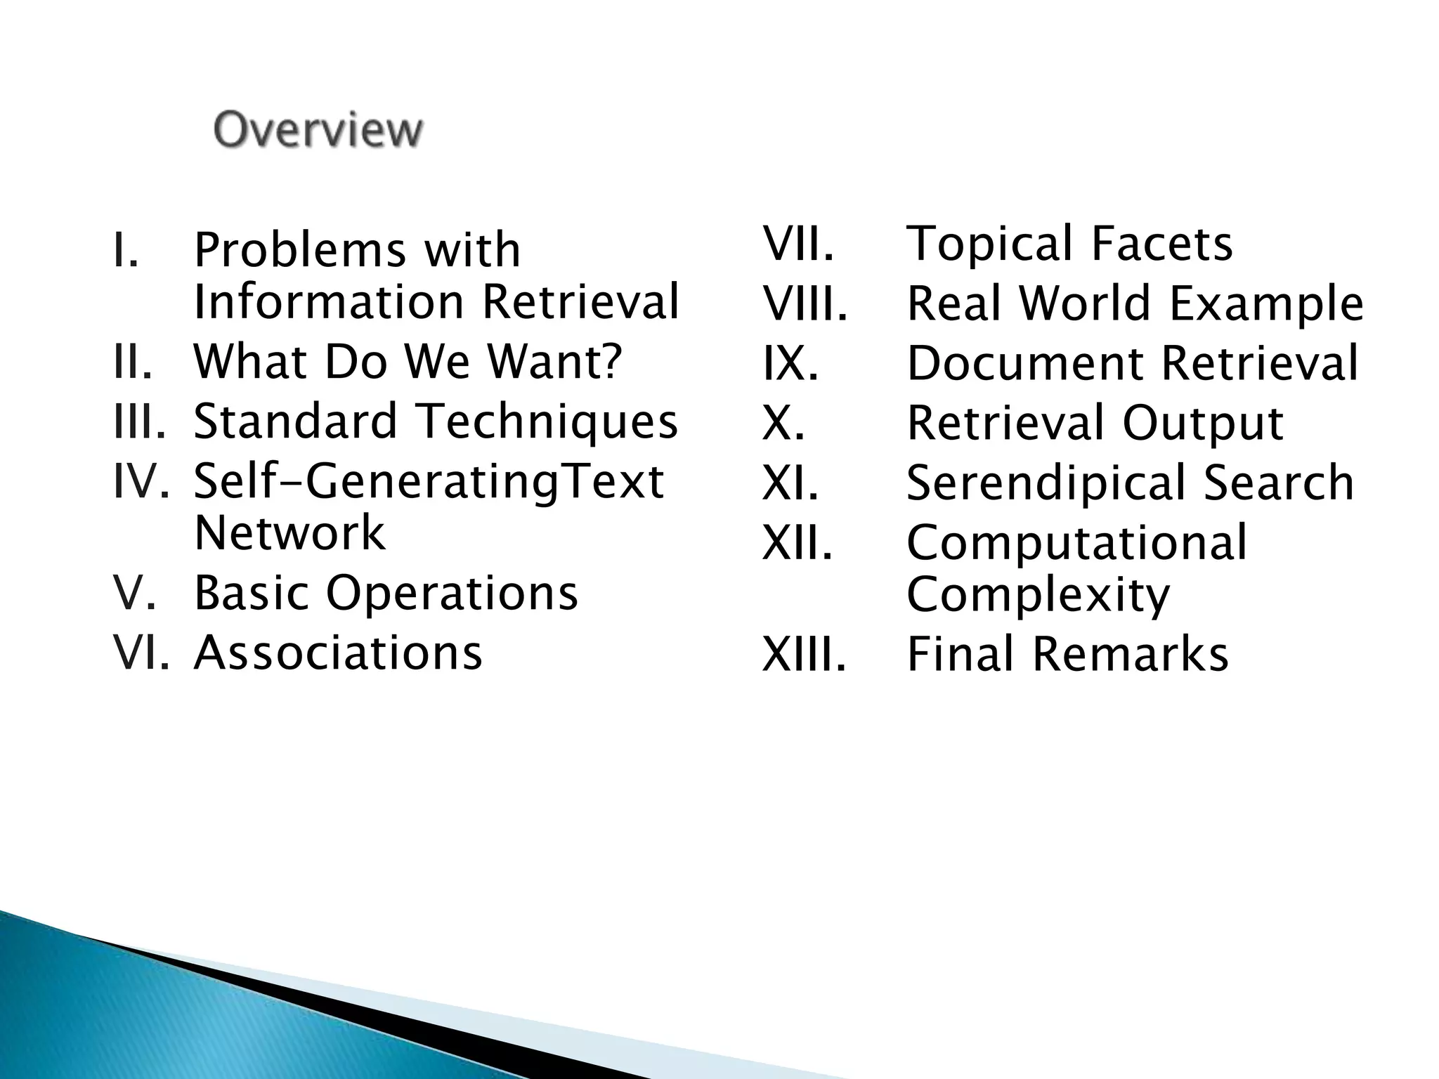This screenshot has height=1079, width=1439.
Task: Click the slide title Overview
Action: pyautogui.click(x=318, y=130)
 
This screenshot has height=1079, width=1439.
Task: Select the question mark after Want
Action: pyautogui.click(x=611, y=360)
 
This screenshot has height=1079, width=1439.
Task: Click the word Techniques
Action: pyautogui.click(x=547, y=421)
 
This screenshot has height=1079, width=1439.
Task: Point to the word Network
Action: pyautogui.click(x=289, y=532)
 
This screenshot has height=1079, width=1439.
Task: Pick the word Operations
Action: pyautogui.click(x=452, y=593)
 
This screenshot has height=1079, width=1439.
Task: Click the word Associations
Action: pyautogui.click(x=338, y=653)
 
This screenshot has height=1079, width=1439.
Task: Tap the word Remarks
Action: pyautogui.click(x=1131, y=654)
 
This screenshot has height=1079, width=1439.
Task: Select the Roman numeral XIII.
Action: pyautogui.click(x=805, y=654)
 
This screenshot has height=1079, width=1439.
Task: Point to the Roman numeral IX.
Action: pyautogui.click(x=790, y=363)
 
